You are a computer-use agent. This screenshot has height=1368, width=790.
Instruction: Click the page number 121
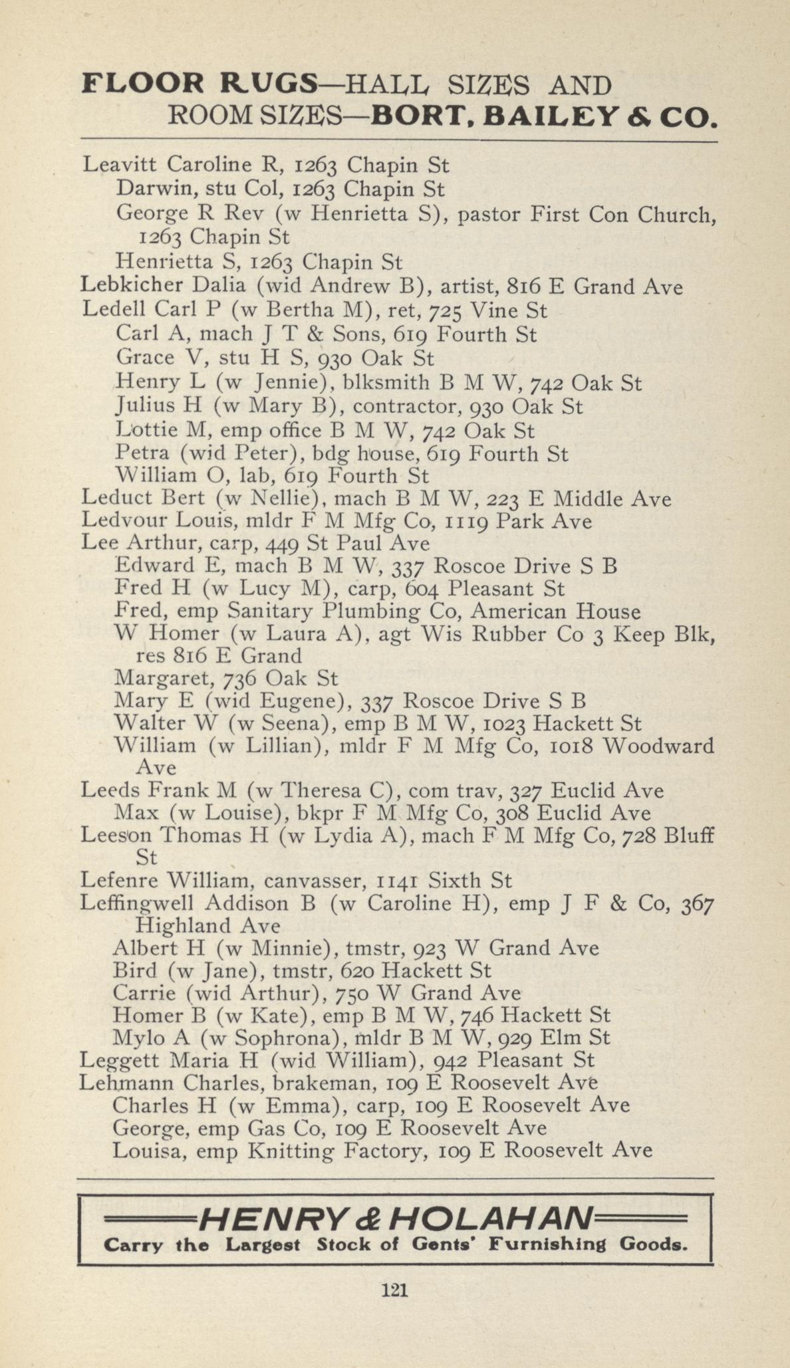[x=394, y=1290]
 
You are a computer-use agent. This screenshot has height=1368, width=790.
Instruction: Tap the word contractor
[x=405, y=406]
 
